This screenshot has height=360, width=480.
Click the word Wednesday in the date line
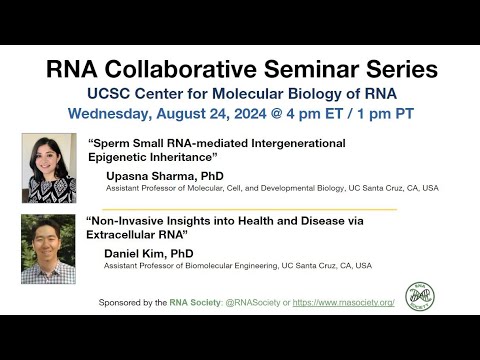coord(113,113)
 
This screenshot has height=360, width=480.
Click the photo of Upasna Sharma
coord(48,168)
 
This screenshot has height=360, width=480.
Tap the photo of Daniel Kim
coord(48,248)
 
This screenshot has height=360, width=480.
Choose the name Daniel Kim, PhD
coord(150,253)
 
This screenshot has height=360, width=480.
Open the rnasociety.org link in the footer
coord(344,301)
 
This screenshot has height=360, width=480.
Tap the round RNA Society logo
coord(419,295)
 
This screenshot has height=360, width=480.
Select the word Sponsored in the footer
coord(123,301)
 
